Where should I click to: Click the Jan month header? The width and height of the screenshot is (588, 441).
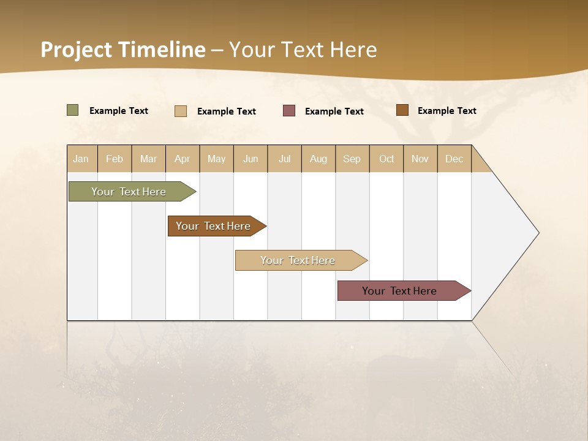[81, 159]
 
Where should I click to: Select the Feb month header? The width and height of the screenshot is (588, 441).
[115, 159]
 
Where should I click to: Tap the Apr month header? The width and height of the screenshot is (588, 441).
[183, 159]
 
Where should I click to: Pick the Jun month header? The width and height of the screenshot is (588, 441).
[251, 159]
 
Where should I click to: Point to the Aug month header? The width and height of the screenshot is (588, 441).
[318, 159]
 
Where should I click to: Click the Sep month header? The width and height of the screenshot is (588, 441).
[352, 159]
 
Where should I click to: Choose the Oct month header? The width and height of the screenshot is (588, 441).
[386, 159]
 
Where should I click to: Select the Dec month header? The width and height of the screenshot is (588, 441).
[454, 159]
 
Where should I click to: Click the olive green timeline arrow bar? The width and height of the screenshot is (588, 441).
[129, 192]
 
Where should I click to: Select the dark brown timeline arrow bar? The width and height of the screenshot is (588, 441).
[213, 226]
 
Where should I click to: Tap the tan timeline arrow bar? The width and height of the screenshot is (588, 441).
[298, 260]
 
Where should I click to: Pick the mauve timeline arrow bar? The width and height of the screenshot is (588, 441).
[399, 291]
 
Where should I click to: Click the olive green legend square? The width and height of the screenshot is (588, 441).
[73, 110]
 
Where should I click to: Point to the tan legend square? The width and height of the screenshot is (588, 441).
[181, 111]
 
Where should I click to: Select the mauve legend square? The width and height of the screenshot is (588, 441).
[289, 111]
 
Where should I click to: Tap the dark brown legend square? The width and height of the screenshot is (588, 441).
[402, 110]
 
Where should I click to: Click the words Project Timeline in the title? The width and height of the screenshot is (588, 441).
[123, 50]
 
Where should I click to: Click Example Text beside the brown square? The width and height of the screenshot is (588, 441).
[447, 111]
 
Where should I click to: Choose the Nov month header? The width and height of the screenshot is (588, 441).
[420, 159]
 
